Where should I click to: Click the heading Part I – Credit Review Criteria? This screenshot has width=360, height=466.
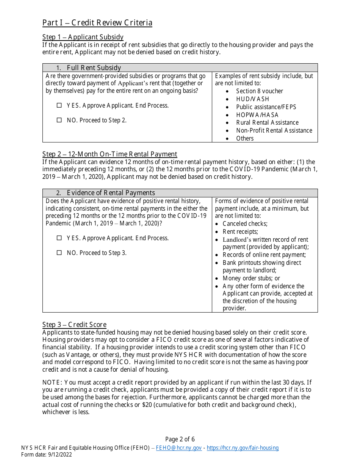[x=97, y=23]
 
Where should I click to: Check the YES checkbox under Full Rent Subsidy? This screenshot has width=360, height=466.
[x=59, y=106]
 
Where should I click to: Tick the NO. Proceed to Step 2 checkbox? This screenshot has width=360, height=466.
[x=59, y=120]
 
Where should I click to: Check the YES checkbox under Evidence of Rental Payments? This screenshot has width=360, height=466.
[x=59, y=238]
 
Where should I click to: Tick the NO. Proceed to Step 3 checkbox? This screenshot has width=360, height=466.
[x=59, y=253]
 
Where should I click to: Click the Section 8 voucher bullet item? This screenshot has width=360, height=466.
[x=259, y=91]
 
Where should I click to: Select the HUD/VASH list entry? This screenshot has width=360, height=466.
[x=252, y=99]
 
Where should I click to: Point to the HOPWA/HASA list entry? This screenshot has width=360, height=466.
[x=257, y=115]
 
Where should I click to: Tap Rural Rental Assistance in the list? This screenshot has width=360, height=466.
[x=267, y=122]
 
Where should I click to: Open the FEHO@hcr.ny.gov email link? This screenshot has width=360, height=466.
[x=179, y=448]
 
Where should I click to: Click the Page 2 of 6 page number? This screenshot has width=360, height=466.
[x=180, y=439]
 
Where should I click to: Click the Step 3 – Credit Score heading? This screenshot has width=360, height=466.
[x=74, y=325]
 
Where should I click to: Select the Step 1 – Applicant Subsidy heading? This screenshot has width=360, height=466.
[x=83, y=37]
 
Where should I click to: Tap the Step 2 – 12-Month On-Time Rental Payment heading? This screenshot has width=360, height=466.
[x=110, y=154]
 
